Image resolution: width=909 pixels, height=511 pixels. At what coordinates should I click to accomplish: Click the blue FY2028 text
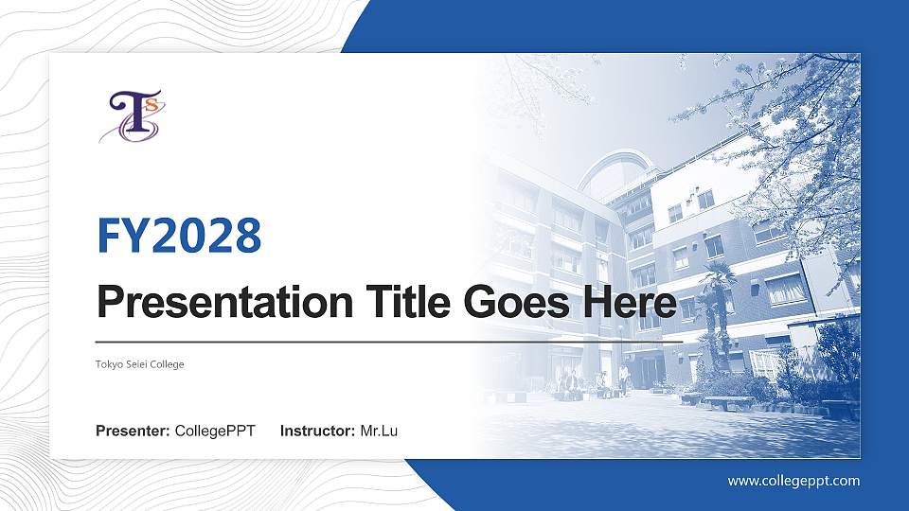coord(179,236)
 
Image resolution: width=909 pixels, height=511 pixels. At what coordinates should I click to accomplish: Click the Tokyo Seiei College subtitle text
coord(139,364)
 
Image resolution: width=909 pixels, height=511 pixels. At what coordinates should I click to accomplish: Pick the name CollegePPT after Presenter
coord(215,432)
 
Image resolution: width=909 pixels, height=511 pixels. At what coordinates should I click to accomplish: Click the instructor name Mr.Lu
coord(379,432)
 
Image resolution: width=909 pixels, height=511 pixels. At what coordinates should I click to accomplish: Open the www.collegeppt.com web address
coord(793,481)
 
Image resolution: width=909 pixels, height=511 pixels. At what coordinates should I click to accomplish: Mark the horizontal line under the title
coord(389,341)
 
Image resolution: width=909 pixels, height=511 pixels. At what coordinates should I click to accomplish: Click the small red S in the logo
coord(150,103)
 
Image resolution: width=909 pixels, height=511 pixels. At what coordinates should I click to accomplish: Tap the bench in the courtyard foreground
coord(727,402)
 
